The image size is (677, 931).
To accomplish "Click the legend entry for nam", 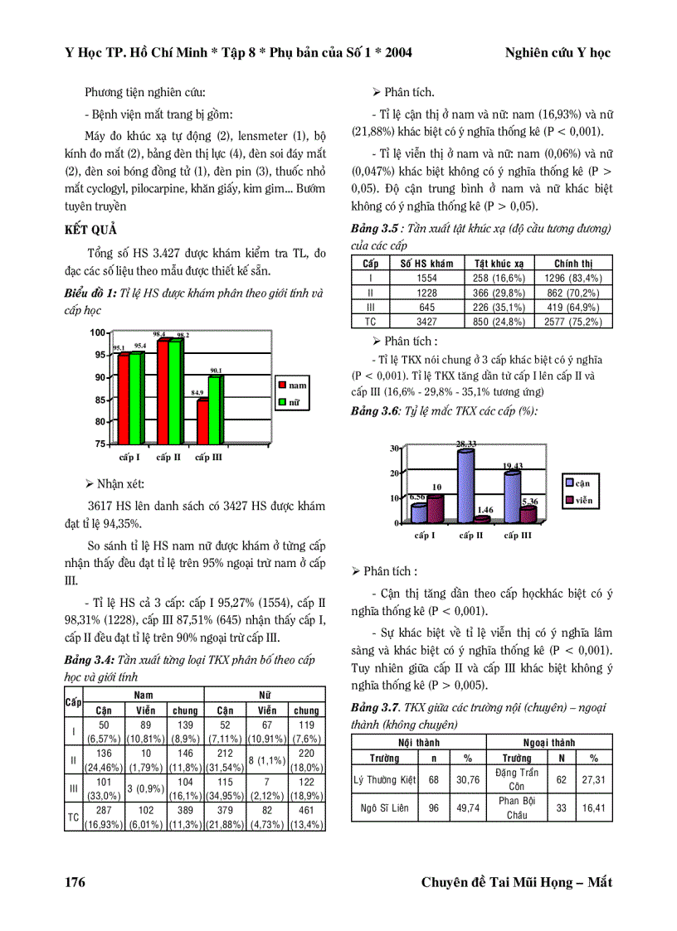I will coord(291,385).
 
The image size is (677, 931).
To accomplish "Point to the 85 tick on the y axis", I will coord(99,400).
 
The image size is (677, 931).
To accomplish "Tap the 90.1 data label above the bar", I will coord(216,371).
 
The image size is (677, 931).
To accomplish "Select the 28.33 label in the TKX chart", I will coord(466,444).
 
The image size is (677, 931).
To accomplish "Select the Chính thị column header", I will coord(573,263).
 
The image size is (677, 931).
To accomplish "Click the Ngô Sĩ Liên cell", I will coord(385,807).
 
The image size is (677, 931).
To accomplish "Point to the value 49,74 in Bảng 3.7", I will coord(467,807).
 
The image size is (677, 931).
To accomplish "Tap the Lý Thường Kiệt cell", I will coord(384,779).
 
